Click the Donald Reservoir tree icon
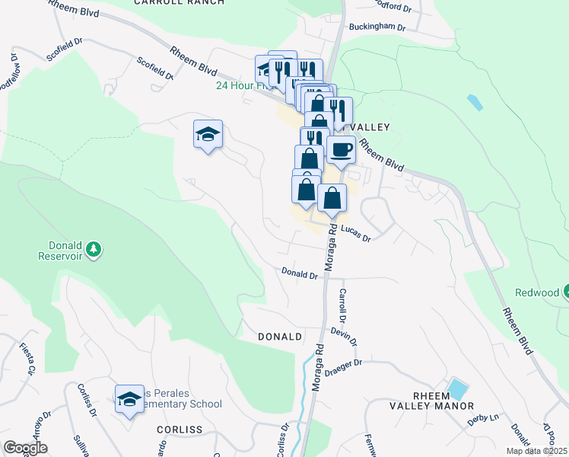(x=94, y=249)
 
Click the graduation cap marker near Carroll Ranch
(x=208, y=135)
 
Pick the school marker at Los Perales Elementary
(x=129, y=398)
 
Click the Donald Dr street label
(x=299, y=273)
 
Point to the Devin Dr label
(x=343, y=333)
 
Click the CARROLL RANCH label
(x=179, y=2)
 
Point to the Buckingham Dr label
(x=377, y=27)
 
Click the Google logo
(x=25, y=448)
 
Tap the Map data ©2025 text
(x=536, y=451)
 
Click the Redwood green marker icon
(x=567, y=292)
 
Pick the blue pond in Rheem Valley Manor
(x=458, y=388)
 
